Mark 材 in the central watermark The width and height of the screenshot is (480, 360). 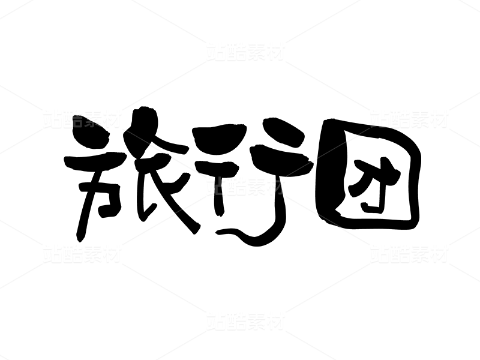click(x=275, y=186)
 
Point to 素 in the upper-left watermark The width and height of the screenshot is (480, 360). click(x=92, y=119)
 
